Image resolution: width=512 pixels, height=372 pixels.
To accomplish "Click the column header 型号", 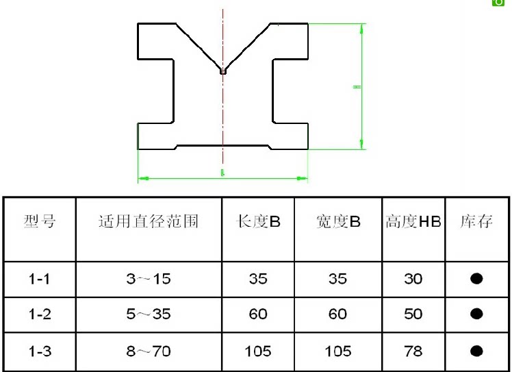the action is (39, 222).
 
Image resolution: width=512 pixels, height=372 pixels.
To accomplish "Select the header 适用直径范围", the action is (149, 222).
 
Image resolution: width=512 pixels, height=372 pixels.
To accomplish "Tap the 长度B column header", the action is (258, 222).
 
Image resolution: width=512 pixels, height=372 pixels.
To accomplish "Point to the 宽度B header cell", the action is (338, 222).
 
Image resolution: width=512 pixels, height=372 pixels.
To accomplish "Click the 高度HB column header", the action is (413, 222).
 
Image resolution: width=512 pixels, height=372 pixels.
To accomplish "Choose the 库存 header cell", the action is (476, 222).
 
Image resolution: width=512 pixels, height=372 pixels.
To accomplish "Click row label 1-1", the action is (39, 279).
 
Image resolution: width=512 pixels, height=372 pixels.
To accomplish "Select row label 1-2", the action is (39, 314).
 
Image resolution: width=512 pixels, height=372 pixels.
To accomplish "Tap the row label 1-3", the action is (39, 351).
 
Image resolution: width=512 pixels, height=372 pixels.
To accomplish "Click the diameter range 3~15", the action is (149, 279).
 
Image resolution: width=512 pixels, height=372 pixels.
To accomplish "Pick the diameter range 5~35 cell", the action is (149, 314).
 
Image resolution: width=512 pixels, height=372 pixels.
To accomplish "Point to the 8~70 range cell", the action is (149, 351).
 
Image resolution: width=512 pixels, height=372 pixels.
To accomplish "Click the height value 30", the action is (413, 279).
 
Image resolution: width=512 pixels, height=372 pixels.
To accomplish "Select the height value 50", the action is (413, 314).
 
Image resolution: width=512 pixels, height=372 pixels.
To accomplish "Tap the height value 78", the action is (413, 351).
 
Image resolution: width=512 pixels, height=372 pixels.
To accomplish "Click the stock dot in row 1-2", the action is (477, 314).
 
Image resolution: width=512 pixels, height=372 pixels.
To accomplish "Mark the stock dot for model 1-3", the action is (477, 351).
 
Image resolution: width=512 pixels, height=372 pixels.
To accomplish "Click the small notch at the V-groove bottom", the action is (223, 69).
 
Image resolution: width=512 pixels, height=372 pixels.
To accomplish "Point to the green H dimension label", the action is (356, 87).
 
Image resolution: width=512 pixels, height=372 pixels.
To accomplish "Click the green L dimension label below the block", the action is (222, 173).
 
